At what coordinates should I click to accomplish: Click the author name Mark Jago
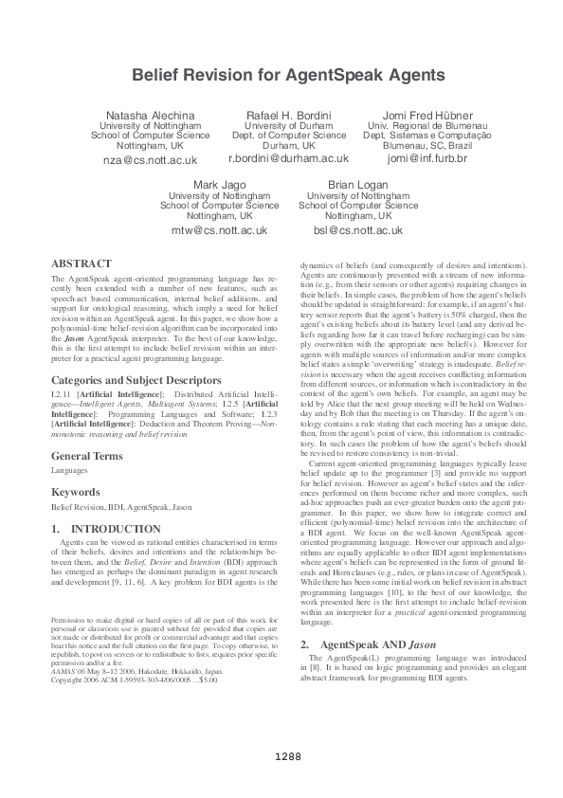[x=219, y=183]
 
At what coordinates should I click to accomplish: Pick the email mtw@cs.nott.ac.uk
[x=219, y=230]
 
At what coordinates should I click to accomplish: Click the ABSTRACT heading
[x=82, y=263]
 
